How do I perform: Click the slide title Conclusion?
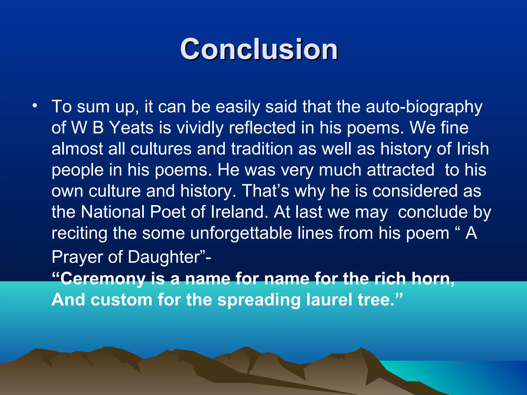(259, 49)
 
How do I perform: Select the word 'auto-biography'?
(424, 107)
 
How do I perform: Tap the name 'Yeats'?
(131, 128)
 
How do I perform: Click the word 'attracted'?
(400, 170)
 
